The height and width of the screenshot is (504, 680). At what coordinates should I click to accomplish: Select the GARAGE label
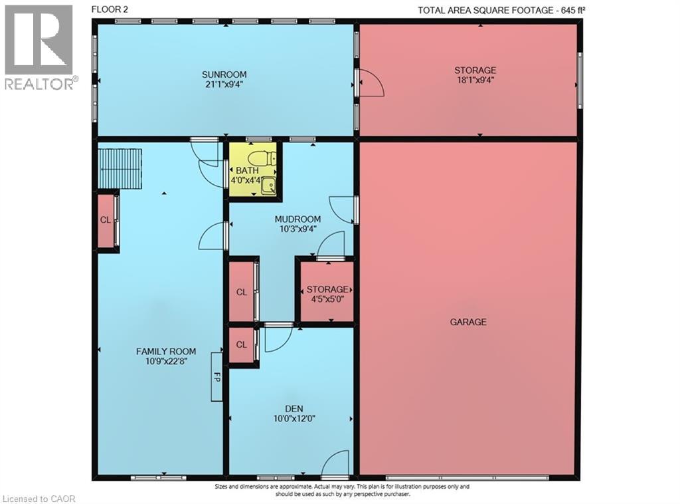pos(468,322)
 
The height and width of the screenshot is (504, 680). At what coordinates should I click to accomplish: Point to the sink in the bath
pos(268,186)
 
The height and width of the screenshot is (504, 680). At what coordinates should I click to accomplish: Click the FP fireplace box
pos(216,376)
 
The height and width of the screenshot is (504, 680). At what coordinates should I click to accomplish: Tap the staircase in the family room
pos(120,169)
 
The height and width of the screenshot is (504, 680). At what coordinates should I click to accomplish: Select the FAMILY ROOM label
pos(166,351)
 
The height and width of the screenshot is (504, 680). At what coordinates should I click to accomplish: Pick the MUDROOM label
pos(298,219)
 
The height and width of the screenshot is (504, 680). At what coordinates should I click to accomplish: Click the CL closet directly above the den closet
pos(242,292)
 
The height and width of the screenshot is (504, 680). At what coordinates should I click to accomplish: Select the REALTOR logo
pos(39,47)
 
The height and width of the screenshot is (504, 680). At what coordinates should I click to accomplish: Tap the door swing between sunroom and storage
pos(371,83)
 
